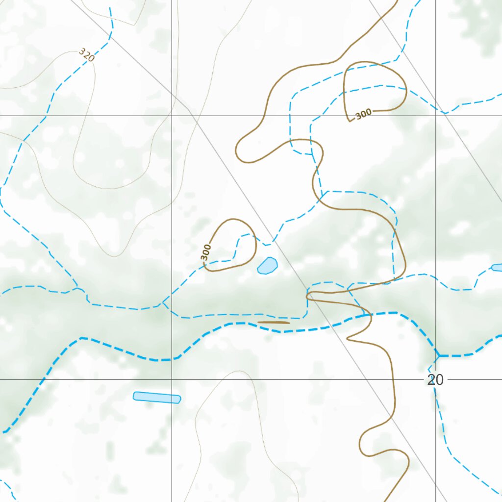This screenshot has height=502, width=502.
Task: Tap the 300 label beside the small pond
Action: click(x=206, y=252)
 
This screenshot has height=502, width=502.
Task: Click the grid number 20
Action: click(x=435, y=380)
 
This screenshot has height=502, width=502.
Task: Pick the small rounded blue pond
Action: click(x=267, y=265)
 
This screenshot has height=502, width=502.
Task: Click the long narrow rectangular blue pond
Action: click(x=157, y=397)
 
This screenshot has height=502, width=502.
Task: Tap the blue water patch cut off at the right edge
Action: click(x=497, y=267)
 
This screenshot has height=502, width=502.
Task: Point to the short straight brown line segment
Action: click(x=274, y=323)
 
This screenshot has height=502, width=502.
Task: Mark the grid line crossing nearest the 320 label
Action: click(x=172, y=116)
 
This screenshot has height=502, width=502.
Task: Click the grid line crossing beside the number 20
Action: click(x=436, y=379)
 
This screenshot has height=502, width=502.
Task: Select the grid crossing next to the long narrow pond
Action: click(x=172, y=379)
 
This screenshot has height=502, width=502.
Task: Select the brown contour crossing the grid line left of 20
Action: click(x=395, y=379)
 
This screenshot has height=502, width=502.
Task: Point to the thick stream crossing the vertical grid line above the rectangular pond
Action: click(x=172, y=359)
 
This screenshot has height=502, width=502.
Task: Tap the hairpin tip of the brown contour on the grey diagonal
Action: click(x=308, y=296)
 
